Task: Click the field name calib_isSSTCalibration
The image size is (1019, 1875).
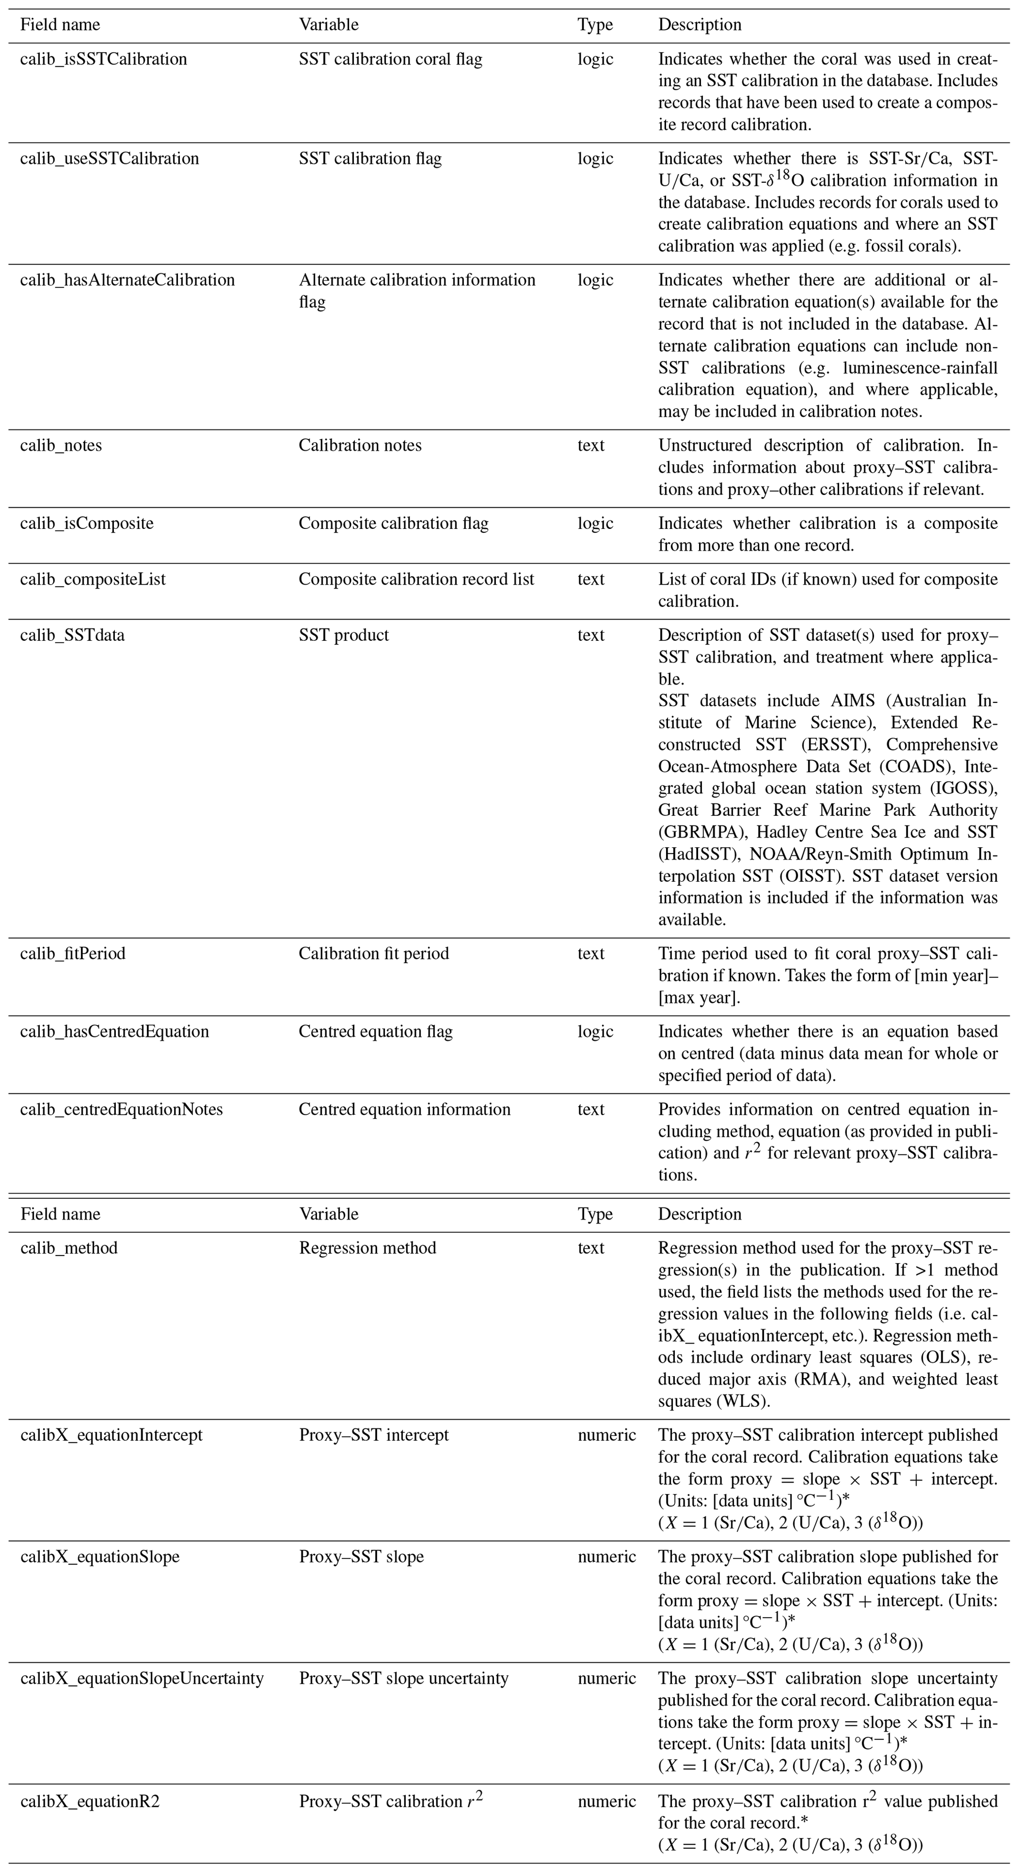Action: pos(104,59)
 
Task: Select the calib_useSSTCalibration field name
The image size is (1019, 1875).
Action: pos(109,159)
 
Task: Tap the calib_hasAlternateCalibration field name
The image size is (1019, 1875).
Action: pos(127,280)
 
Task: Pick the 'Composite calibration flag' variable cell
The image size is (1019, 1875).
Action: pos(393,523)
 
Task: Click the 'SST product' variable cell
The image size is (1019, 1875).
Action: pos(344,635)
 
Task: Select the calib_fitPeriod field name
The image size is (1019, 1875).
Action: pos(73,953)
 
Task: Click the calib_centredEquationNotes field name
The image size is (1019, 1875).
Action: pos(122,1110)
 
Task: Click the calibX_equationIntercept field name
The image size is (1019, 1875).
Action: pos(111,1435)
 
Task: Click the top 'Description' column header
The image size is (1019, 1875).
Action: pos(700,25)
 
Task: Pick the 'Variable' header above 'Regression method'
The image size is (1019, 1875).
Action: pos(329,1214)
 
